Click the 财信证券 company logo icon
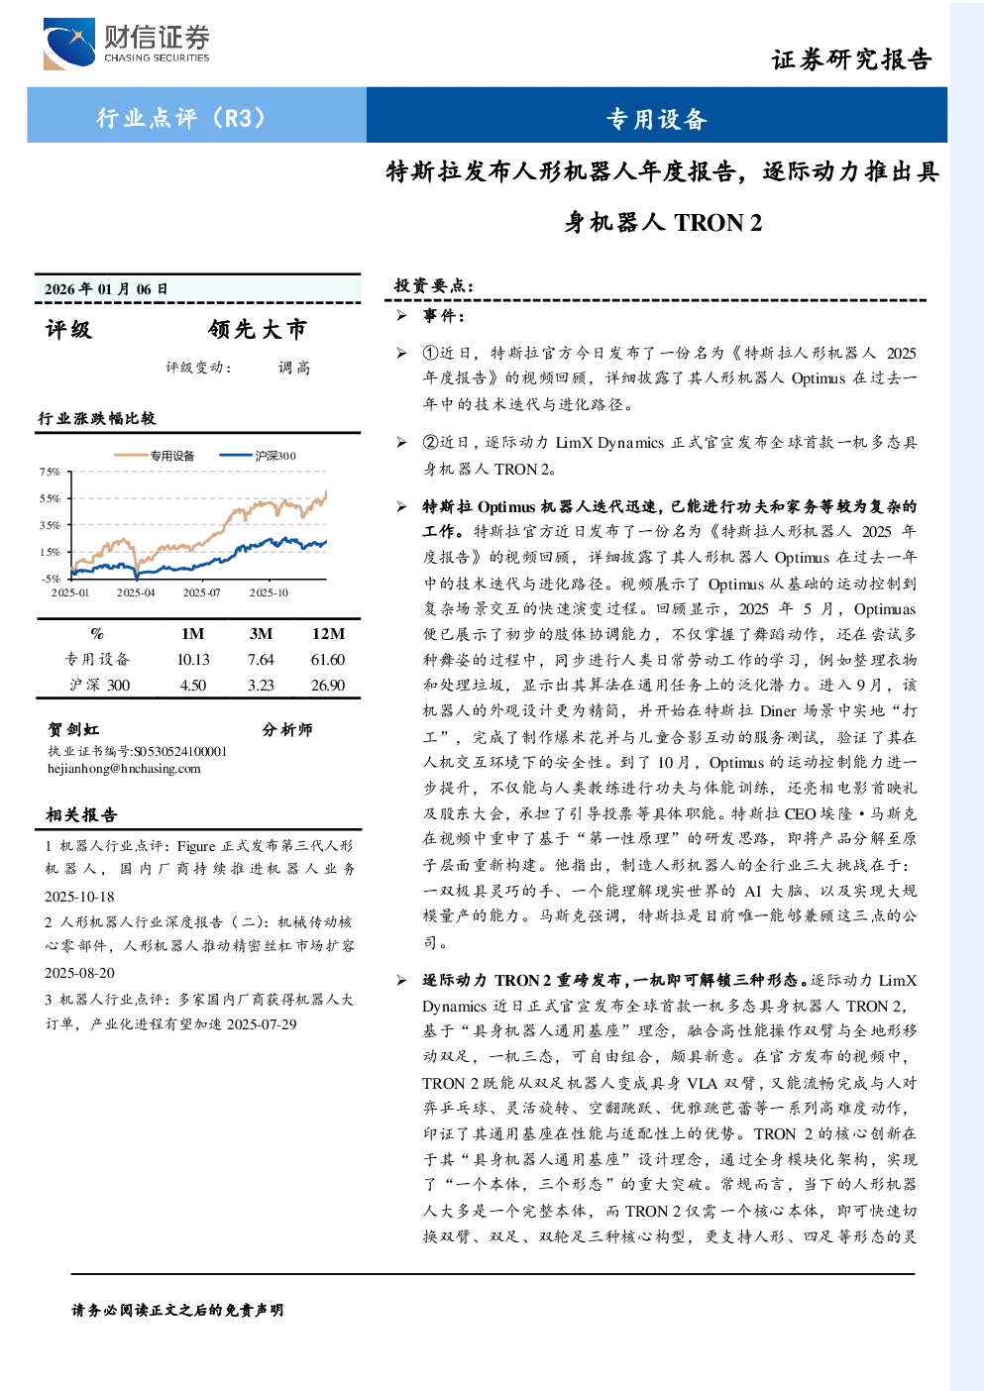coord(68,44)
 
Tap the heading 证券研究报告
coord(851,59)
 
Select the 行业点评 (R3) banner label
coord(180,117)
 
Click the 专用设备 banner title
coord(657,119)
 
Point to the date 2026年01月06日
coord(106,288)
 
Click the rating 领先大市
coord(258,329)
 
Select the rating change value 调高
coord(294,368)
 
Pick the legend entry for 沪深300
coord(258,455)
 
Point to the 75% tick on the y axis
coord(50,472)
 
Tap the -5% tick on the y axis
coord(51,579)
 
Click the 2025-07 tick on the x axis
coord(201,592)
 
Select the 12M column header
coord(328,633)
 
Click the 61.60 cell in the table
coord(328,660)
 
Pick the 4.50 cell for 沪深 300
coord(192,685)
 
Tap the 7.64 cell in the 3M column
coord(261,660)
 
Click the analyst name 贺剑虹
coord(73,729)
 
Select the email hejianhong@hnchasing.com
coord(124,769)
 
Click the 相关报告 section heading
coord(81,814)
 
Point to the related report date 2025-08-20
coord(79,973)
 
